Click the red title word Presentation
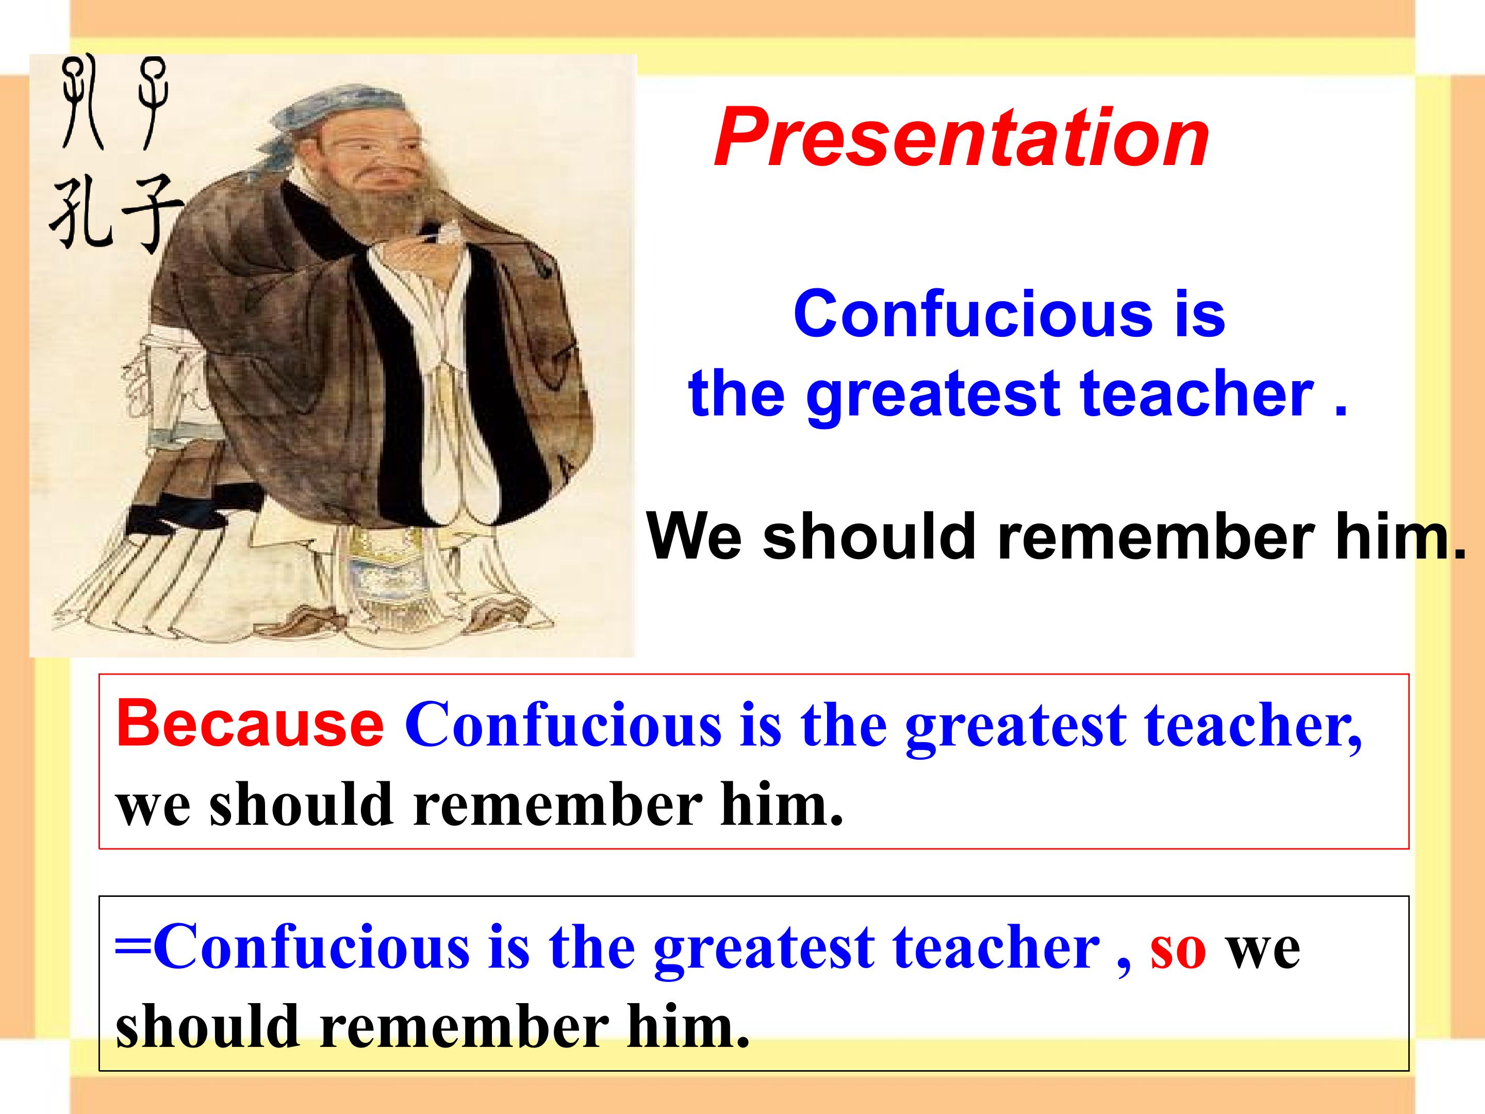tap(961, 138)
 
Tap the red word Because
tap(250, 723)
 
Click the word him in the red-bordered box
tap(782, 805)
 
